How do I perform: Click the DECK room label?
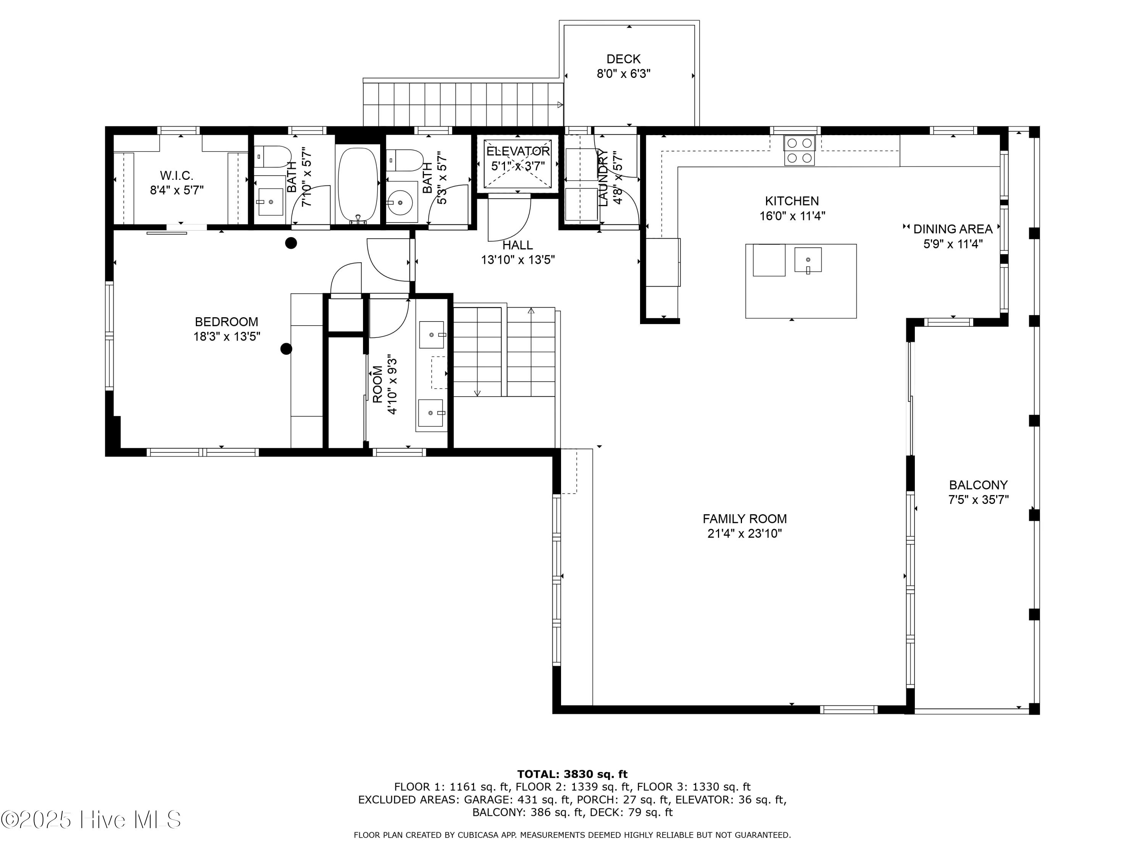click(x=623, y=59)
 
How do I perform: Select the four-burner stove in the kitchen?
click(x=799, y=150)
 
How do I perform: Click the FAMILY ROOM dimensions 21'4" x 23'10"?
click(x=744, y=533)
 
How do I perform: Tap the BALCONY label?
click(x=978, y=485)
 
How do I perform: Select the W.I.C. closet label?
click(x=176, y=176)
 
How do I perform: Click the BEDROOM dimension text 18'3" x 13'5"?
click(x=227, y=337)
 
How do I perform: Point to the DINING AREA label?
click(x=953, y=229)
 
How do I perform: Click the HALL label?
click(x=518, y=245)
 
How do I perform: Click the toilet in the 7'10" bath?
click(x=272, y=157)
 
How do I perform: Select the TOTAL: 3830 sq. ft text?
click(x=572, y=775)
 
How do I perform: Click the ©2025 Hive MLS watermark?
click(x=91, y=820)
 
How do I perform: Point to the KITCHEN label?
click(x=792, y=201)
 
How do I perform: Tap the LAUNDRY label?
click(x=603, y=178)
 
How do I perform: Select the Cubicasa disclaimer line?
click(x=572, y=835)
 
